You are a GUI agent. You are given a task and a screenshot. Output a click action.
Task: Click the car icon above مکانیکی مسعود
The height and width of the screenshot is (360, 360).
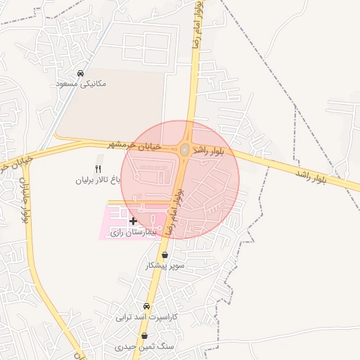click(x=81, y=73)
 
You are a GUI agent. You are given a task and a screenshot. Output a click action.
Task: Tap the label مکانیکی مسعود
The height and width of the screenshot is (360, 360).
click(x=81, y=84)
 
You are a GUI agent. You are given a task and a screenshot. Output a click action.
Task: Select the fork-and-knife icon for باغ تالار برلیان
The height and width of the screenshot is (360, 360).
click(x=98, y=169)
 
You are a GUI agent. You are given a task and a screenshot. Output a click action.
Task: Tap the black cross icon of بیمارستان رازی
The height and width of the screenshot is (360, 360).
click(x=133, y=221)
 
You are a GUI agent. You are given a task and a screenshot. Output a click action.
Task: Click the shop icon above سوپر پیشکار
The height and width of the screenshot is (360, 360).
click(x=165, y=255)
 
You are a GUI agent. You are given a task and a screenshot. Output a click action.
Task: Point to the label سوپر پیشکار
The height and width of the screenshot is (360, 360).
click(x=165, y=266)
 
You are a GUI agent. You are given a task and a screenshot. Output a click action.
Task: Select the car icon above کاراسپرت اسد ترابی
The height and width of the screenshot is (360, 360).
click(x=146, y=307)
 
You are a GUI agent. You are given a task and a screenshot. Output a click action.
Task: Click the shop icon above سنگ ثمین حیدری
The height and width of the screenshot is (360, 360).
click(x=144, y=336)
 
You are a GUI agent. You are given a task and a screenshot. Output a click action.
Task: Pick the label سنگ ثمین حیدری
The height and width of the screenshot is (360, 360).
click(x=144, y=347)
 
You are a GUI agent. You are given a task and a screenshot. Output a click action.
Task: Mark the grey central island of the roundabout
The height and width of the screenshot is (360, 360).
click(x=184, y=150)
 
